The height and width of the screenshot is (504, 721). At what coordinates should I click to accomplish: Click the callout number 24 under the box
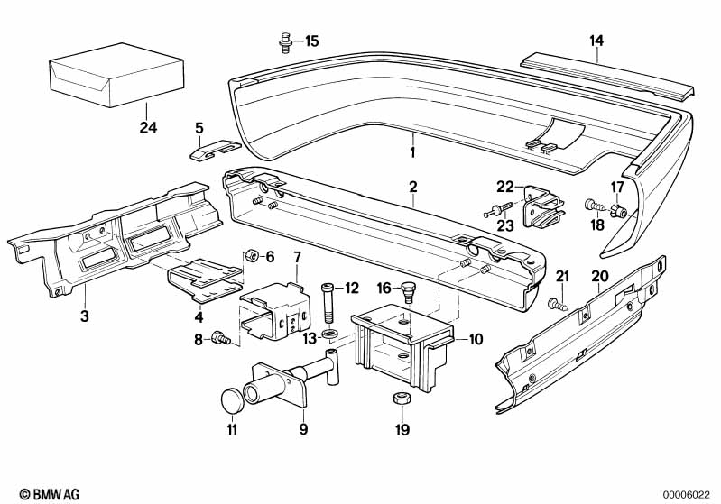coord(148,127)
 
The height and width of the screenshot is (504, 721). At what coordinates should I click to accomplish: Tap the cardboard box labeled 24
coord(116,75)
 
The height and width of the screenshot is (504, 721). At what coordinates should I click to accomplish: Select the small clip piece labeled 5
coord(215,150)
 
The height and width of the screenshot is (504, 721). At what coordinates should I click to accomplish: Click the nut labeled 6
coord(251,254)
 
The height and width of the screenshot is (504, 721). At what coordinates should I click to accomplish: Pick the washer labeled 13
coord(329,333)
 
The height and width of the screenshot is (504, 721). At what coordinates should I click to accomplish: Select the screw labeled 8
coord(221,339)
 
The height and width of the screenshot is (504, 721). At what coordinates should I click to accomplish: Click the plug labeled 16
coord(408,291)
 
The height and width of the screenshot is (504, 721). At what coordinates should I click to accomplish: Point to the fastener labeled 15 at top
coord(285,43)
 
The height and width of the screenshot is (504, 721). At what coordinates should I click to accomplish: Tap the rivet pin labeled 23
coord(498,210)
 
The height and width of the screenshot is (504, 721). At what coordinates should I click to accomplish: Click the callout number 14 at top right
coord(596,41)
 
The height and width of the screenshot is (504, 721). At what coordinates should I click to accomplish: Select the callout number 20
coord(599,276)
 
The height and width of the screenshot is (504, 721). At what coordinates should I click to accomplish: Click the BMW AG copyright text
coord(50,494)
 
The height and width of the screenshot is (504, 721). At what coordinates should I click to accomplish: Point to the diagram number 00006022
coord(687,495)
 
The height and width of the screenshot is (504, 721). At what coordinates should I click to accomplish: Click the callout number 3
coord(85,316)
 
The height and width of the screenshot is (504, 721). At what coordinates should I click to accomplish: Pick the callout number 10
coord(476,340)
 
